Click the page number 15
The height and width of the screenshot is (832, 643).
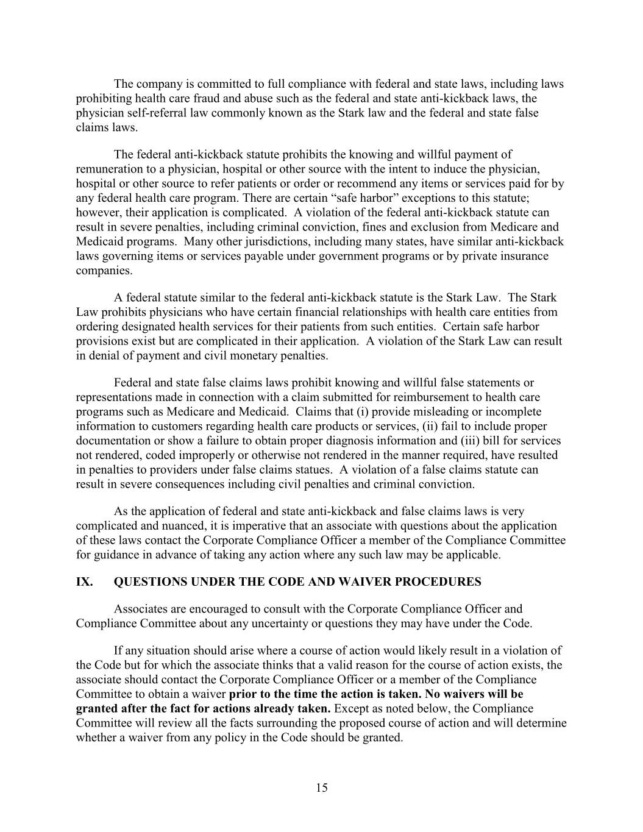[x=322, y=788]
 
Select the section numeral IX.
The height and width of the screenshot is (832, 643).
[x=84, y=581]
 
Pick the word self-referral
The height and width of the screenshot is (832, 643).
[x=144, y=113]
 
